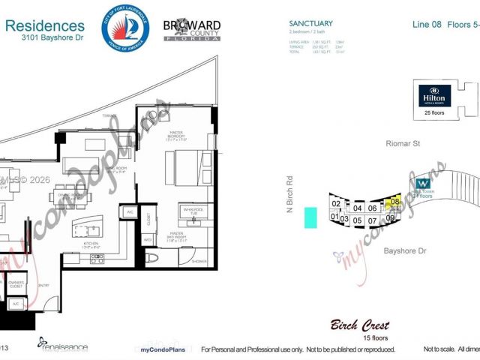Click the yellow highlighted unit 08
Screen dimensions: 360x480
coord(393,202)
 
